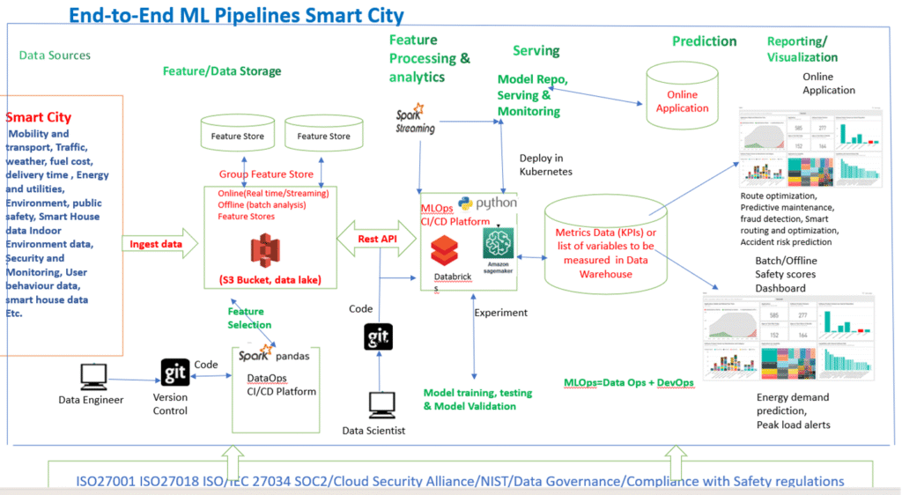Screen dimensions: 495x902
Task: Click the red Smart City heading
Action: point(39,117)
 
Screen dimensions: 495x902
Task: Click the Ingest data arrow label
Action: point(157,244)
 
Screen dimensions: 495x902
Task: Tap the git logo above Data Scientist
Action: point(379,338)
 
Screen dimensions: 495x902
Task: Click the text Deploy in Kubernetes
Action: point(546,165)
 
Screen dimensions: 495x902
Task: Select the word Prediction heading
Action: point(704,41)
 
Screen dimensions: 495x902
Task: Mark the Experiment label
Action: point(500,313)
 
